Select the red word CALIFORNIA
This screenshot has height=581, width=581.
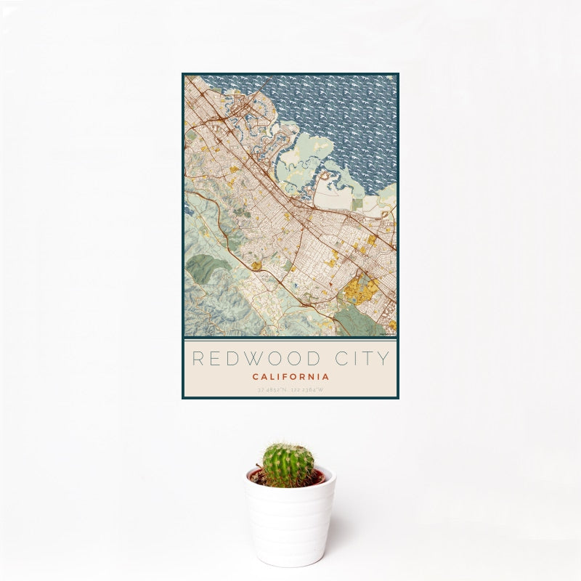pos(290,377)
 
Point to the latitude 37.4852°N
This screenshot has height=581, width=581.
pos(272,390)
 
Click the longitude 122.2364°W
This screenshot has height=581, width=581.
pos(307,390)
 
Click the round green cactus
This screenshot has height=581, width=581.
pos(288,466)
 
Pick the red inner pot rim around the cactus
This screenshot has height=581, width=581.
pos(317,477)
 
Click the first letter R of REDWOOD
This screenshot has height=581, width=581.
pos(198,359)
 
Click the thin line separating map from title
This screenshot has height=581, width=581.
pos(290,338)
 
